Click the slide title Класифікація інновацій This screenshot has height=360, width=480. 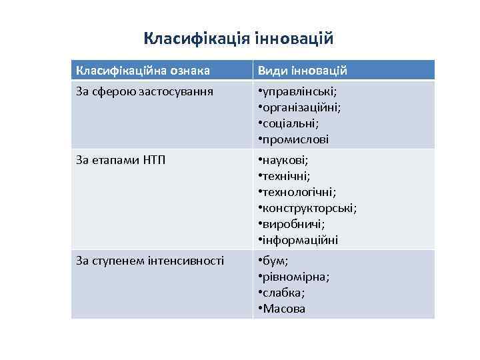point(238,39)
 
